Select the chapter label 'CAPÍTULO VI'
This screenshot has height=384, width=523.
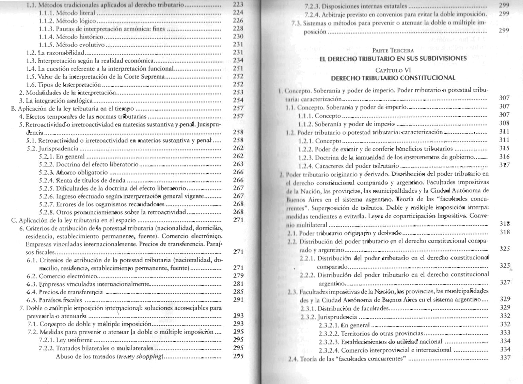tap(393, 70)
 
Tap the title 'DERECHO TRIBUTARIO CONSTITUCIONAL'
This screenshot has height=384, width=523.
tap(393, 78)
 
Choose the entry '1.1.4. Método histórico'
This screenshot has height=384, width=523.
tap(71, 37)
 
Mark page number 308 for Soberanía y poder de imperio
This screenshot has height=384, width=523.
tap(504, 123)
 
